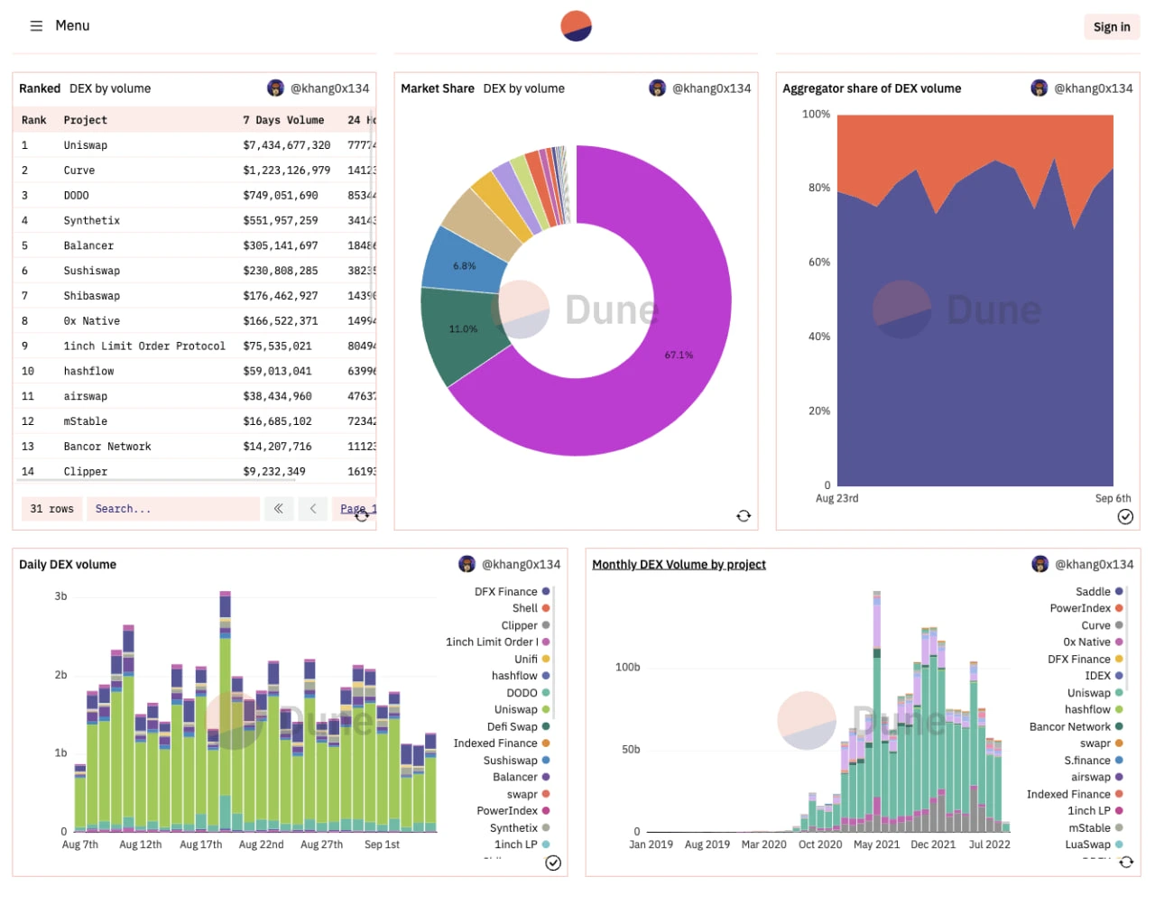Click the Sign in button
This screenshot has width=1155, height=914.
[1111, 27]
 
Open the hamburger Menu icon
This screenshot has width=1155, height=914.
[36, 26]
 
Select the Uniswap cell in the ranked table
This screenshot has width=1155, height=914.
[86, 145]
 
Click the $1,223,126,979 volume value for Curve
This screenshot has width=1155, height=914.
[286, 171]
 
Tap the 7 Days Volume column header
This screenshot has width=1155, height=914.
[282, 120]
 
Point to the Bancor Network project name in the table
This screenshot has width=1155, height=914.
[106, 447]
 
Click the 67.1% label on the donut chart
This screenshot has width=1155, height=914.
[679, 355]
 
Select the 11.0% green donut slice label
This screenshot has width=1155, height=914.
[463, 329]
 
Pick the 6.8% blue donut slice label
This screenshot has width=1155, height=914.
[464, 266]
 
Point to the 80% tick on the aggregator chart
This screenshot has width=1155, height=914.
[818, 188]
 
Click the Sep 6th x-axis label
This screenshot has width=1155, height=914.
[1113, 498]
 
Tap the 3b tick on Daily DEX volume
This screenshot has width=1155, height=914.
[60, 596]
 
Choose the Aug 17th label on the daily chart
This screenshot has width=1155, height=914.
[200, 845]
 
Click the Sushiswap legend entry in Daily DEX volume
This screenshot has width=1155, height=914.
[511, 761]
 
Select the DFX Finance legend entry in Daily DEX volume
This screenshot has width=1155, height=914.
[506, 592]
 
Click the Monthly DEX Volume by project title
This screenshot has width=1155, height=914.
[679, 565]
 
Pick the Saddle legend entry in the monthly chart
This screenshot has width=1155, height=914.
[1093, 592]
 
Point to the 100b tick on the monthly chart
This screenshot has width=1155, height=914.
[627, 668]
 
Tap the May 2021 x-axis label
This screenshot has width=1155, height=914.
[876, 845]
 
